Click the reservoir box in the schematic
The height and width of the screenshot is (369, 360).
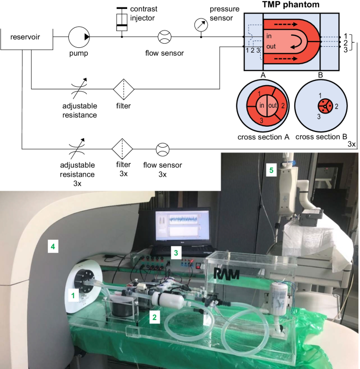(x=22, y=37)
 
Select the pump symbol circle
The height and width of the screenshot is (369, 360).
(x=79, y=37)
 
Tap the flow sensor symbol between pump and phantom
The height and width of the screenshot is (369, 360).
(x=163, y=37)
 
